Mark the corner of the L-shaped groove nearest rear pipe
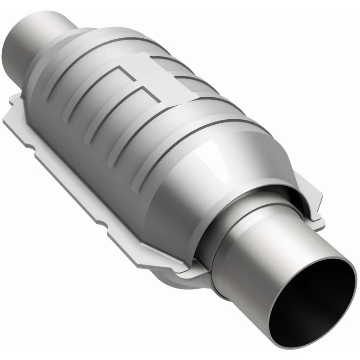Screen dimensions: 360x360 coord(118,67)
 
